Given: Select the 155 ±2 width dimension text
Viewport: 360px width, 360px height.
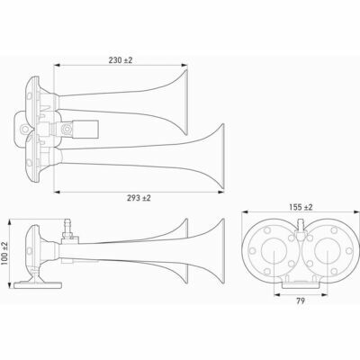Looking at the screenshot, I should (x=288, y=207).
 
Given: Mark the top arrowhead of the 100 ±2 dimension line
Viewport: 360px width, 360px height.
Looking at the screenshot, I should (x=15, y=220).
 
